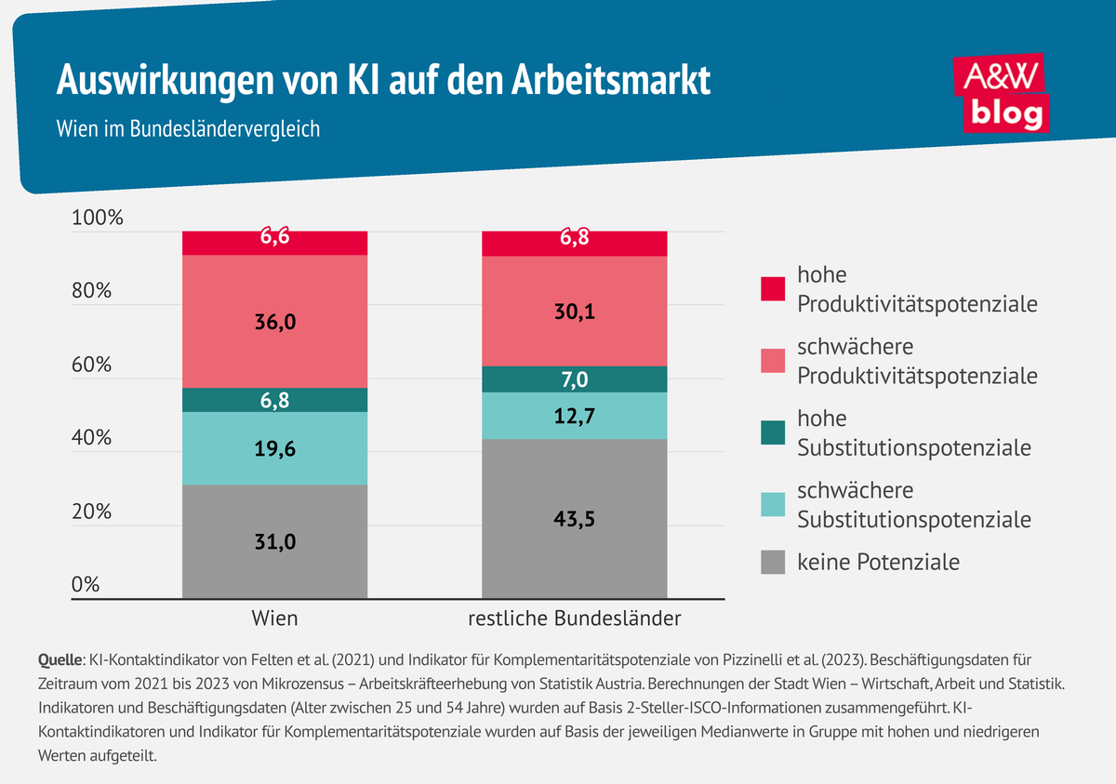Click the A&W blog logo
click(x=1003, y=94)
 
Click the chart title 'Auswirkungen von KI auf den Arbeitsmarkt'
click(x=383, y=80)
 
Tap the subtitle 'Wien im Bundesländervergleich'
click(x=188, y=128)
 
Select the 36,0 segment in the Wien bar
click(x=275, y=322)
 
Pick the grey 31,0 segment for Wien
click(x=275, y=541)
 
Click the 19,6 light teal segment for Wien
click(x=275, y=448)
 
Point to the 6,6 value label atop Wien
click(x=275, y=238)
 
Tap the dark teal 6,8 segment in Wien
click(x=275, y=400)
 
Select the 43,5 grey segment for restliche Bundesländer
click(x=575, y=519)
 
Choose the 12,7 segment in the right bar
click(x=575, y=416)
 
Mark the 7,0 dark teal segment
click(x=575, y=379)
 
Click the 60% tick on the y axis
click(x=91, y=365)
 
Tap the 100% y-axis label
click(x=97, y=219)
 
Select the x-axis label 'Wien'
click(x=275, y=618)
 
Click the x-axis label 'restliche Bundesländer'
click(x=575, y=618)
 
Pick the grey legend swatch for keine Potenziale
click(x=773, y=562)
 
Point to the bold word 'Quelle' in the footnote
click(x=60, y=660)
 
